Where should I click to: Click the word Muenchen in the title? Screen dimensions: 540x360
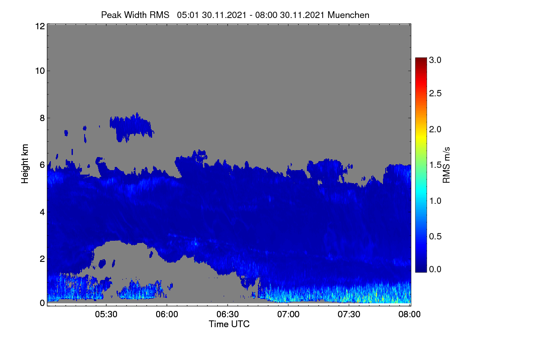click(x=348, y=15)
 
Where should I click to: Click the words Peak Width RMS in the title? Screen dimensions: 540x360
click(x=135, y=15)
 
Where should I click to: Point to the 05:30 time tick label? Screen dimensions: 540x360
click(x=106, y=314)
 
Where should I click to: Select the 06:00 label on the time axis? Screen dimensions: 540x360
click(x=167, y=314)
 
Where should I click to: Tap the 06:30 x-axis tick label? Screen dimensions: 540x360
click(x=228, y=314)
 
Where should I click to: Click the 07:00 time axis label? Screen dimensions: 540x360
click(x=288, y=314)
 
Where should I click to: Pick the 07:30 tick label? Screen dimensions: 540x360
click(x=349, y=314)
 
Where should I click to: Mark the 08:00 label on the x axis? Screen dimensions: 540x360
click(x=409, y=314)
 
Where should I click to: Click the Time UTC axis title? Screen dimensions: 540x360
click(x=229, y=324)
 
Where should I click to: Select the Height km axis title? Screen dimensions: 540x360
click(x=25, y=164)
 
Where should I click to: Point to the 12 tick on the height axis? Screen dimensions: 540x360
click(x=40, y=26)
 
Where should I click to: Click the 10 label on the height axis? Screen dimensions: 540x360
click(x=40, y=71)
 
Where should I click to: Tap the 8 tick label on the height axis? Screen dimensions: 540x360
click(x=42, y=118)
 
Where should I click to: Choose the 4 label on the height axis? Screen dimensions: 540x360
click(x=42, y=212)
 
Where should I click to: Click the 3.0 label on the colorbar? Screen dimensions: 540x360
click(x=435, y=60)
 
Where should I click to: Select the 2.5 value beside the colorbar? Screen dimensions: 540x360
click(x=435, y=93)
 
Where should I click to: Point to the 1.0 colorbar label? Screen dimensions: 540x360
click(x=435, y=201)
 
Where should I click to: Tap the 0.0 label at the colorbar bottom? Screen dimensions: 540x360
click(x=435, y=269)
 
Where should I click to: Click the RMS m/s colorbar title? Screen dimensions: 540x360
click(x=446, y=165)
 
